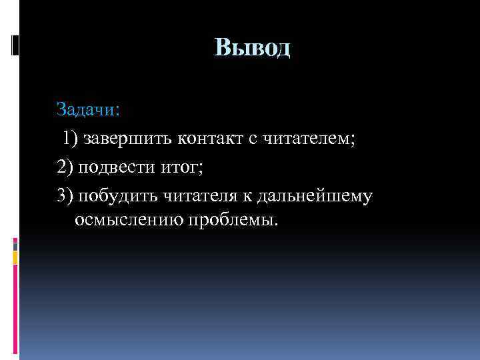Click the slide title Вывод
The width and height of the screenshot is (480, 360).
tap(253, 49)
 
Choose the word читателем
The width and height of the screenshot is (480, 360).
tap(307, 138)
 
